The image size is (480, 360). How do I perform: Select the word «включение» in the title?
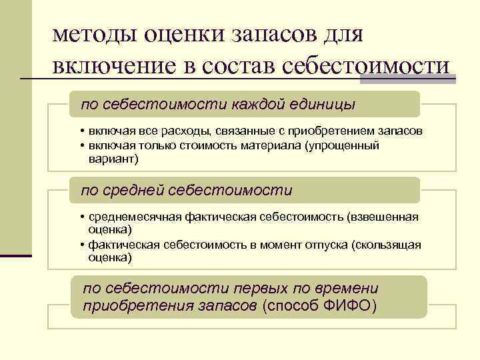109,67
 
